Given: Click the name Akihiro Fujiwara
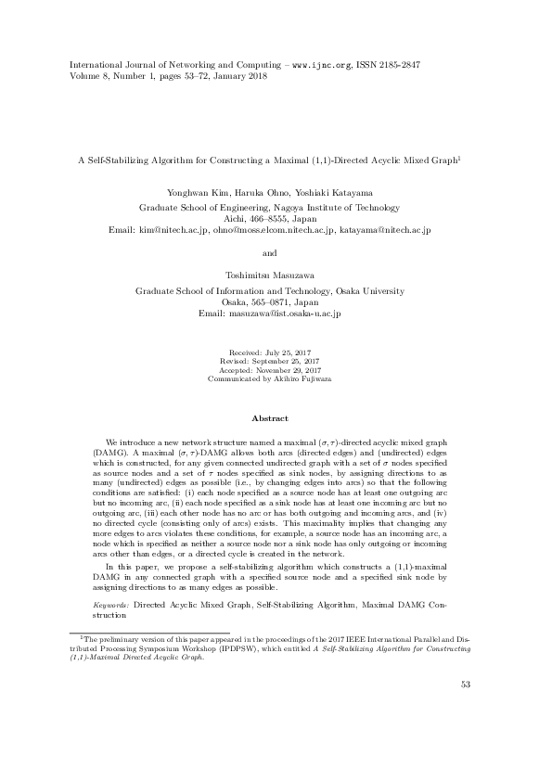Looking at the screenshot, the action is coord(302,378).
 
